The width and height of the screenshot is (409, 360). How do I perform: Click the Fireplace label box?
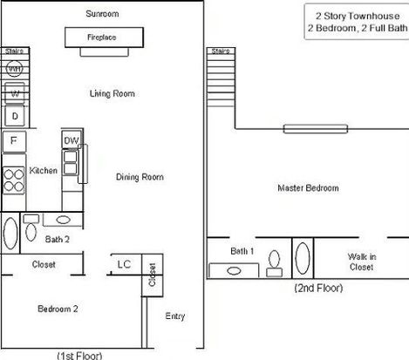coord(104,37)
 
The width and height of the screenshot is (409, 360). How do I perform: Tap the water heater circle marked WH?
coord(14,69)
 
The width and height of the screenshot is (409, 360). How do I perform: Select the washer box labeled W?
coord(15,93)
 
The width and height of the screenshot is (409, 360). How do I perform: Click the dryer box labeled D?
coord(15,116)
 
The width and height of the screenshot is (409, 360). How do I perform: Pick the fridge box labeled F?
coord(14,141)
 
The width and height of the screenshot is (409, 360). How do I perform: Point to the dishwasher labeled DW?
coord(72,139)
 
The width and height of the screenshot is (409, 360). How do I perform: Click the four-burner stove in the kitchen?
coord(14,180)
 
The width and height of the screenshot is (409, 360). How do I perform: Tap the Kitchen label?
coord(44,171)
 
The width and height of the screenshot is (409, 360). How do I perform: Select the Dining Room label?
coord(140,177)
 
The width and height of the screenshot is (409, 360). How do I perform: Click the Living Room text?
coord(112,93)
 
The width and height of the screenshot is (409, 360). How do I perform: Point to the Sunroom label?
coord(102,14)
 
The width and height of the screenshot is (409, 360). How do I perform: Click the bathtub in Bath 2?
coord(10,234)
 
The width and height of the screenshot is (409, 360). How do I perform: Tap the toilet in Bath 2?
coord(31,228)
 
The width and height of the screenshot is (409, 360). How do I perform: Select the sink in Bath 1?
coord(234,271)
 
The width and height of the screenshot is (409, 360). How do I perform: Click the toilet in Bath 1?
coord(274,264)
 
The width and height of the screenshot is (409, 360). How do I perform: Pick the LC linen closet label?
coord(124,264)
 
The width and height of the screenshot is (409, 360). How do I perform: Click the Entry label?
coord(175,316)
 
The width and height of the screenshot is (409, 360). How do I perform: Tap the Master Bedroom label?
coord(308,188)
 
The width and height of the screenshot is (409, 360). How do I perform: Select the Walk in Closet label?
coord(362,262)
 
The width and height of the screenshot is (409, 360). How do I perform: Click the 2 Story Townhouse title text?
coord(358,16)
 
